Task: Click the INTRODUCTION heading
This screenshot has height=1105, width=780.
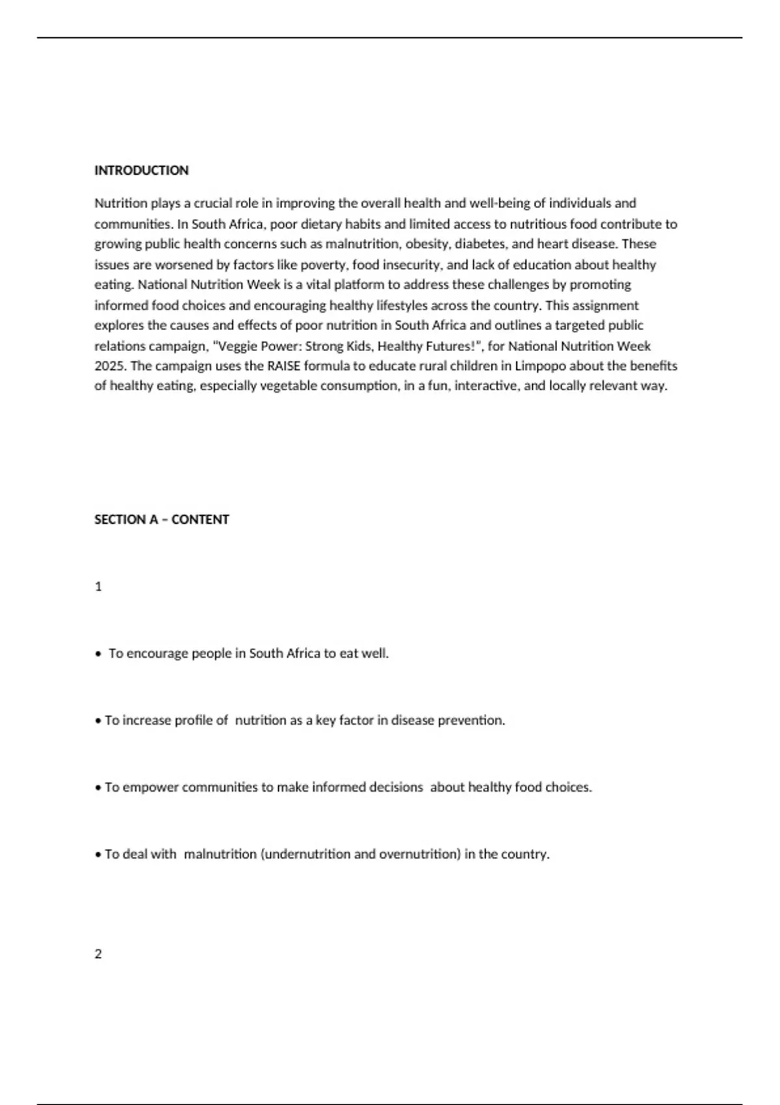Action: coord(141,170)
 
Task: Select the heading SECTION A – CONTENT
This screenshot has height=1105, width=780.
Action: coord(161,519)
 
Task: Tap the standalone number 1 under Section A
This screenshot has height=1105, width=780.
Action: coord(98,586)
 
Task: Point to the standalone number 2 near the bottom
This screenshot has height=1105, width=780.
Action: coord(98,954)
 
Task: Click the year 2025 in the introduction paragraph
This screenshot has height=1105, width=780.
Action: coord(108,365)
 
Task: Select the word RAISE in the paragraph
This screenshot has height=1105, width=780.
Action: coord(284,365)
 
